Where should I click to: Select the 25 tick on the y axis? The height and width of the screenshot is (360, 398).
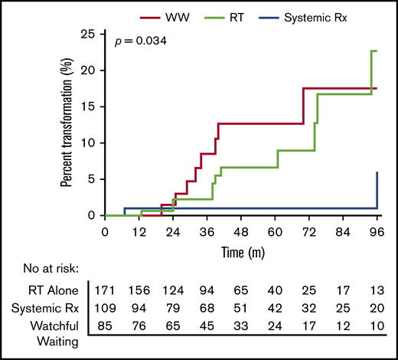[90, 34]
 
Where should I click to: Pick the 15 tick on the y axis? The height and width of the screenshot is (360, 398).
[90, 106]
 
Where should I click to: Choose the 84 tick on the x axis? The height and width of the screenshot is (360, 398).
[343, 231]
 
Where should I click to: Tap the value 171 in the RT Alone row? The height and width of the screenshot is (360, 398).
[105, 291]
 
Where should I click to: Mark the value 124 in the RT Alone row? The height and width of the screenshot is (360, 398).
[173, 291]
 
